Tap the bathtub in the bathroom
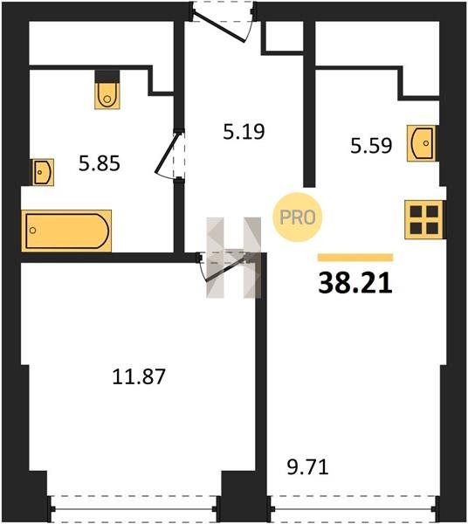point(66,231)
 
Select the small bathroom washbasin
point(43,172)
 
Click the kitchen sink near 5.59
point(421,143)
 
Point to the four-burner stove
point(423,219)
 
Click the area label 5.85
point(100,164)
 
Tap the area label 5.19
point(244,131)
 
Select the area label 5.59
point(371,146)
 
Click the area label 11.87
point(139,376)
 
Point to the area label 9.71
point(307,467)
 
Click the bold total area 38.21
point(355,283)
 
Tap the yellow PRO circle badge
point(297,217)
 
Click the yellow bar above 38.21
point(355,258)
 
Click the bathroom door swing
point(169,155)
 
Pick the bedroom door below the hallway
point(224,267)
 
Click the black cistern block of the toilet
point(107,77)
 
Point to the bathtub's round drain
point(32,231)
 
